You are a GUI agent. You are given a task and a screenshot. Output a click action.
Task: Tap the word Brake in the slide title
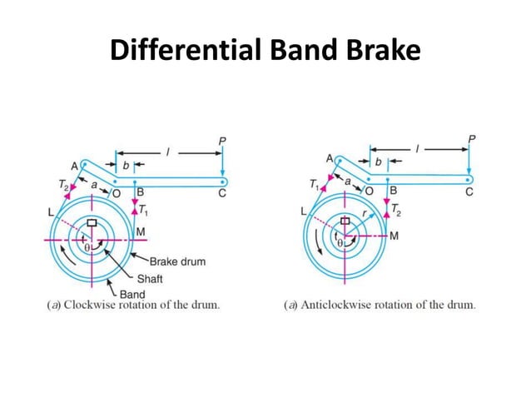click(380, 52)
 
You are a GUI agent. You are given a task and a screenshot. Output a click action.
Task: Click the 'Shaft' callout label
click(150, 278)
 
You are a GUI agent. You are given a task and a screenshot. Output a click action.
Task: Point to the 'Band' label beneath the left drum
click(132, 293)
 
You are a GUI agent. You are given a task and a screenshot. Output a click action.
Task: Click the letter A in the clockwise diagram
click(75, 166)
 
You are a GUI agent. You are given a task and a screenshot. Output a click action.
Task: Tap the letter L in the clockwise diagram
click(51, 212)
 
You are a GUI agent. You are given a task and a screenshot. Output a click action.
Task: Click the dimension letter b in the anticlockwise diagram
click(379, 161)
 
